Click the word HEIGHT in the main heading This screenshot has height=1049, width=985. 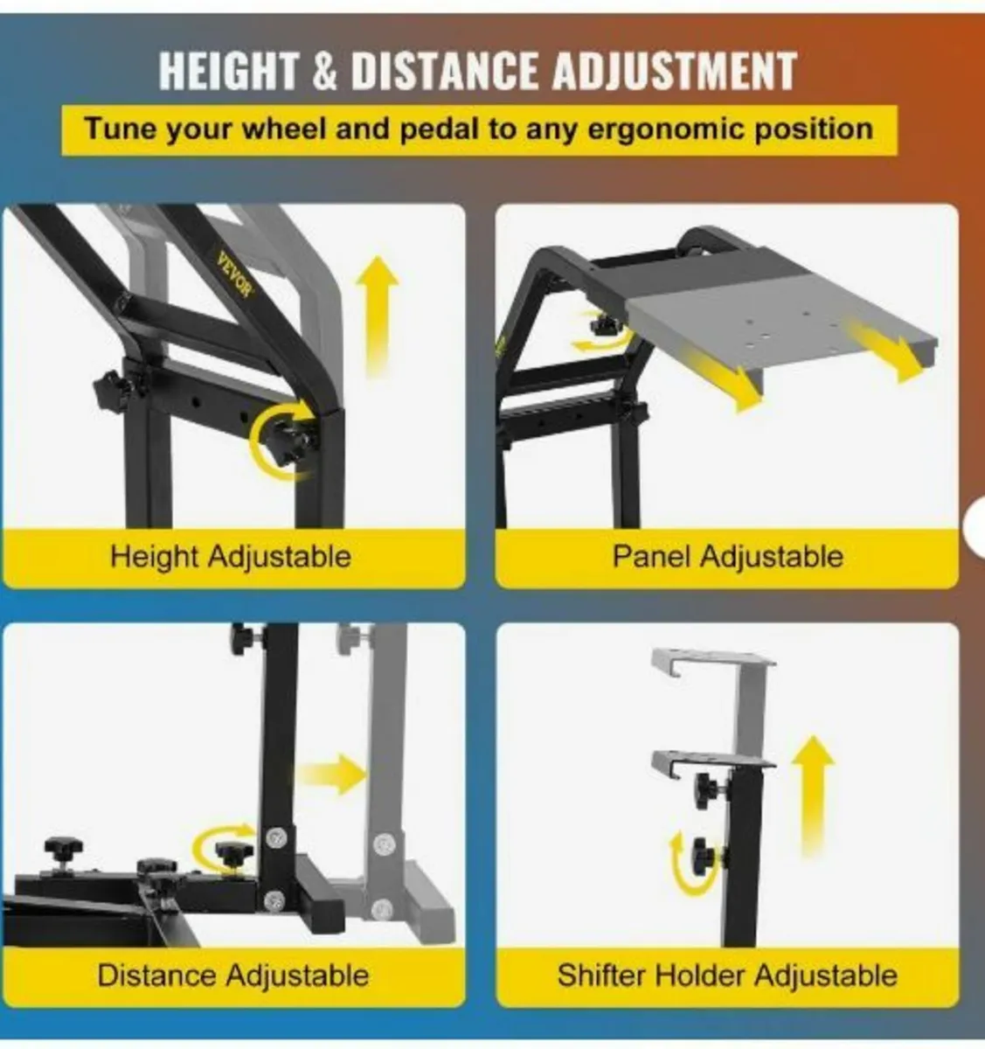(228, 71)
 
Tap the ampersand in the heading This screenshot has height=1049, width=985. (324, 72)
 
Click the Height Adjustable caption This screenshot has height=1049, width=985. (231, 557)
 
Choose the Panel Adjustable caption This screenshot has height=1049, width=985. (727, 556)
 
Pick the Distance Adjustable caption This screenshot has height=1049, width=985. (232, 976)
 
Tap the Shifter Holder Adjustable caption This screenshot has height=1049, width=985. (727, 976)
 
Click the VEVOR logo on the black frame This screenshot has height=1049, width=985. (235, 274)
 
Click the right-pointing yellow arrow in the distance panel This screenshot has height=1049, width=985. (334, 775)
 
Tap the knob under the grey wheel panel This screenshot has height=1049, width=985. (604, 323)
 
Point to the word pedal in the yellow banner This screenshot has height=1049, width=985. (440, 130)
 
